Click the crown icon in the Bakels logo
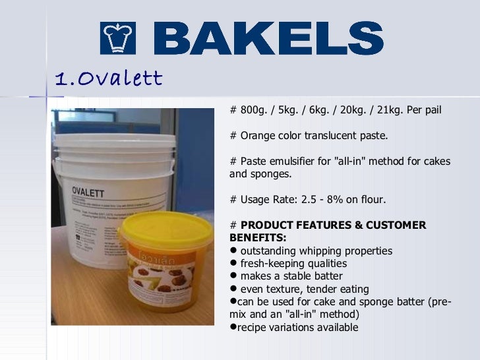coord(118,38)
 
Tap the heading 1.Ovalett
coord(109,79)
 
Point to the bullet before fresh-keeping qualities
coord(233,264)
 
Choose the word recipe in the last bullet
coord(251,328)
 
